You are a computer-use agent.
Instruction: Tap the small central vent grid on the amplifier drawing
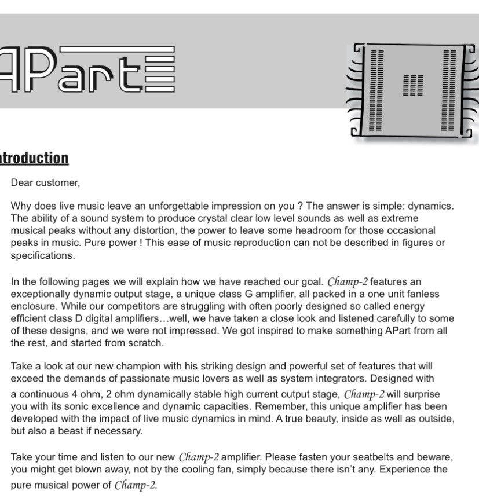click(412, 85)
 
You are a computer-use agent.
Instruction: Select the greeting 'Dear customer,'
click(45, 183)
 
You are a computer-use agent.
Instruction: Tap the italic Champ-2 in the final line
click(136, 485)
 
